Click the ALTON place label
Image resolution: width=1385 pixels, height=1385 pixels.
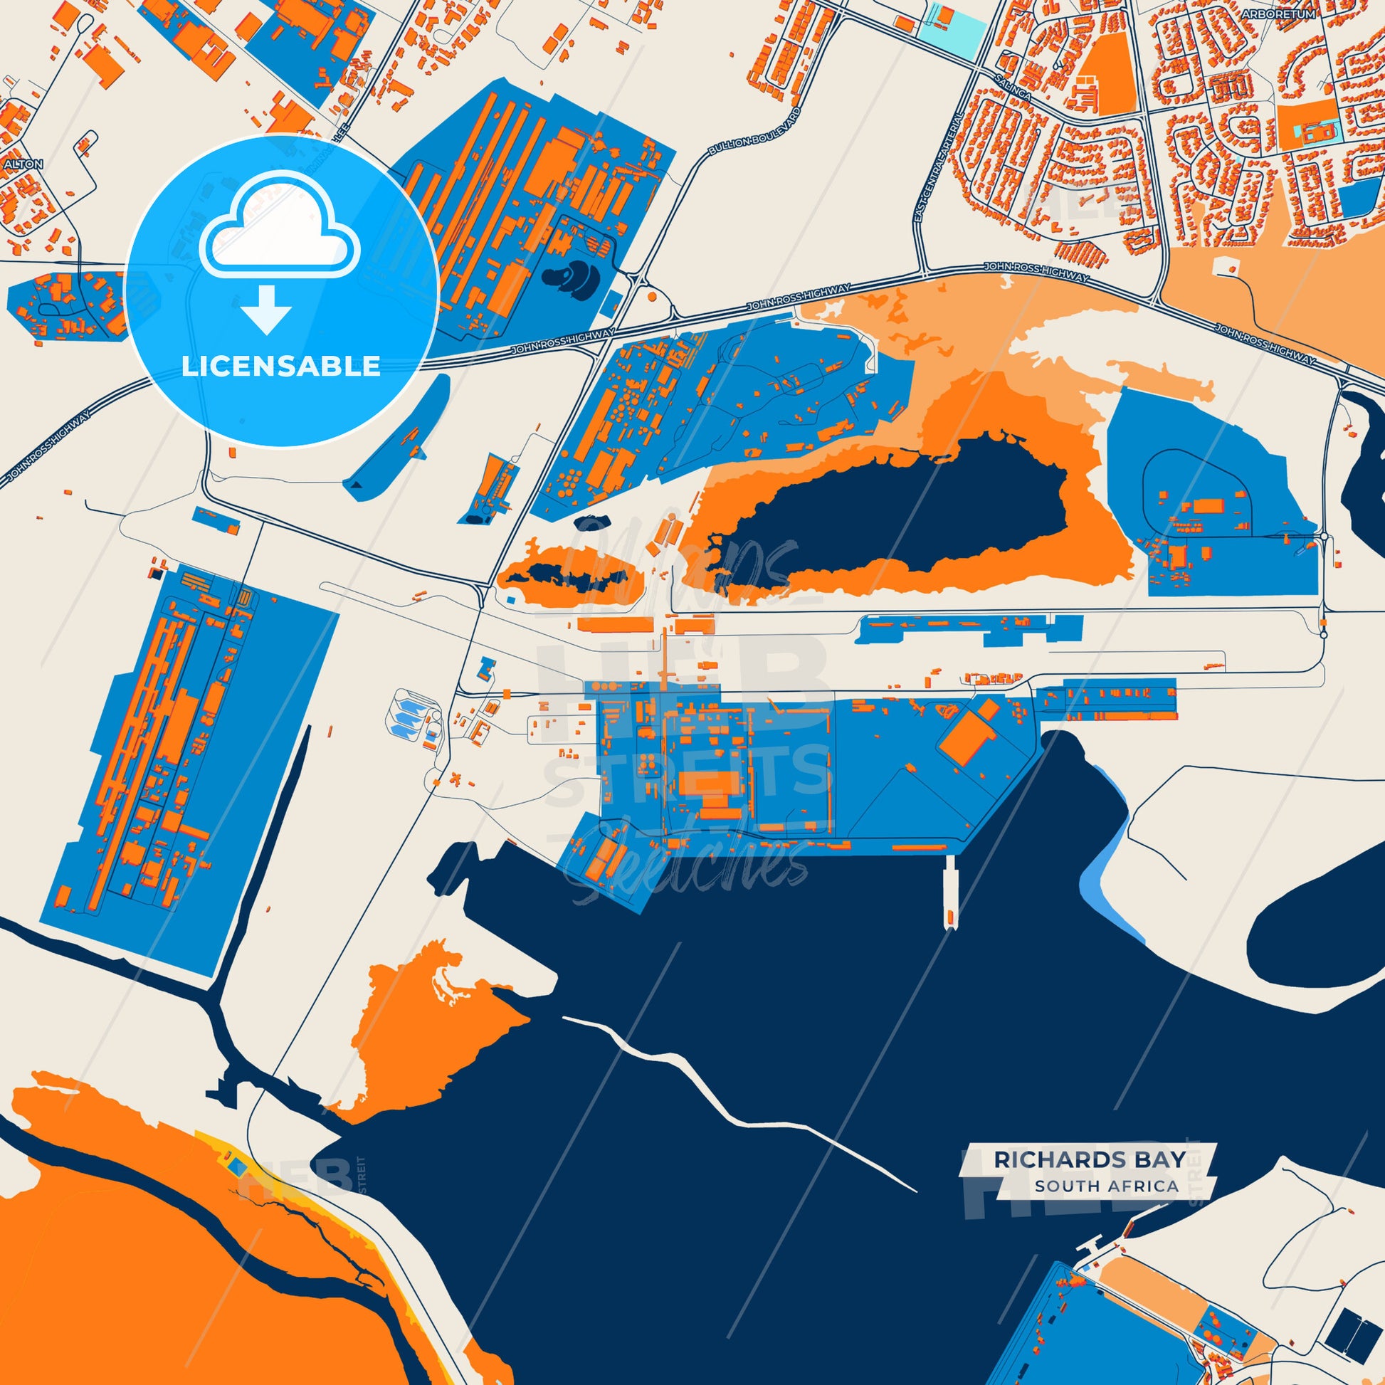[x=23, y=164]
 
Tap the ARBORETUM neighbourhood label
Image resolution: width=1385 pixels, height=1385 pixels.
[x=1308, y=14]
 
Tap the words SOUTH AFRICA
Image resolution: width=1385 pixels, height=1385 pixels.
[x=1106, y=1186]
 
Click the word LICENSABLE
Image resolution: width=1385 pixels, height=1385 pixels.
[x=281, y=367]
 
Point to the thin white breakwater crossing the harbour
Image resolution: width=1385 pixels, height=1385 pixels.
[x=738, y=1097]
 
